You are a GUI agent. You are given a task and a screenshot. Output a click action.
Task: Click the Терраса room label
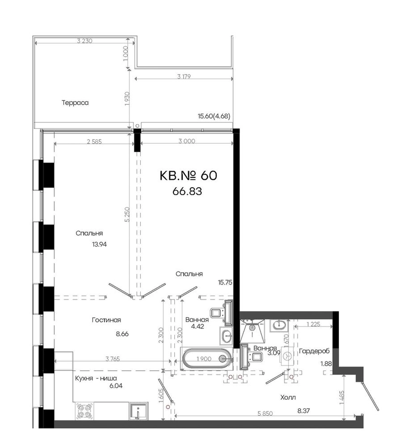pos(75,103)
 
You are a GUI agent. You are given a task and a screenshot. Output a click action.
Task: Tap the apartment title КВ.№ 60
pos(189,175)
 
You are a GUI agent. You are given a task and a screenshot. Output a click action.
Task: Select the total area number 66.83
pos(187,191)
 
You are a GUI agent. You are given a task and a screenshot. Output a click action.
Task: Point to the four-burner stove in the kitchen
pos(84,411)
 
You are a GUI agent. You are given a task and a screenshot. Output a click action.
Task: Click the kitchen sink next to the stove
pos(138,411)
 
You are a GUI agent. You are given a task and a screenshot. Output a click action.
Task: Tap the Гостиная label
pos(106,320)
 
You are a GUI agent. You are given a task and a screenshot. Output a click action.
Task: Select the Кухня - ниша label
pos(96,378)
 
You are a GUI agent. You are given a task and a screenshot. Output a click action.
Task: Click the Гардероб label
pos(314,351)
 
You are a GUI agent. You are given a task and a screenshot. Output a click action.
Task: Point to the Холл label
pos(288,397)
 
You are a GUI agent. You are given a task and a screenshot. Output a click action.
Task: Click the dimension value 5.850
pos(265,413)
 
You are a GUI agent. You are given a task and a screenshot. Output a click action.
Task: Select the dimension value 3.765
pos(113,359)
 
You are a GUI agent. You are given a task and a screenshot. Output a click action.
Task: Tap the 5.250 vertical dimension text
pos(127,215)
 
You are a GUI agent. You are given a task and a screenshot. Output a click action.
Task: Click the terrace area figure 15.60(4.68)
pos(214,116)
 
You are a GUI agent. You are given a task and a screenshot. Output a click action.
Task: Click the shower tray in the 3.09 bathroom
pos(252,331)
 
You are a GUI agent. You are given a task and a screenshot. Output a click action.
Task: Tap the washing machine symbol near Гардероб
pos(288,356)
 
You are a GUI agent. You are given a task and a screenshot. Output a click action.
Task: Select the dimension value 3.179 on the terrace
pos(184,77)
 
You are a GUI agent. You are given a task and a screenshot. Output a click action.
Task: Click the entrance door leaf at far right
pos(370,397)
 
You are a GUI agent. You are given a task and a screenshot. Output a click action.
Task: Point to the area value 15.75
pos(225,283)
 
